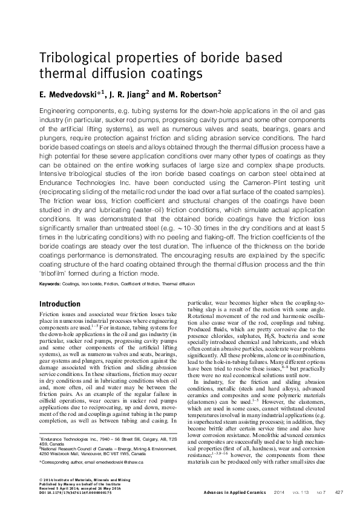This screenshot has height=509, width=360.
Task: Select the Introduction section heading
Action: point(59,304)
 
